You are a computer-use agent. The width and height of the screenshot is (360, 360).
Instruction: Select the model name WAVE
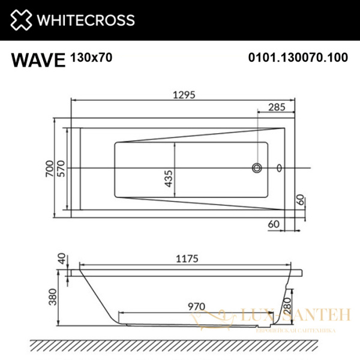coord(38,59)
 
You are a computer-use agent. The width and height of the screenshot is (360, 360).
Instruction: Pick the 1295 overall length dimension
coord(182,94)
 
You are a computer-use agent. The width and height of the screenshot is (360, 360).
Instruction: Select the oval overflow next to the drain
coord(280,168)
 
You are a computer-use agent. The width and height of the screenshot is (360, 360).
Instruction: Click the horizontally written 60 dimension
coord(274,224)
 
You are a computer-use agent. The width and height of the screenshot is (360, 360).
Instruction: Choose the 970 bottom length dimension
coord(195,305)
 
